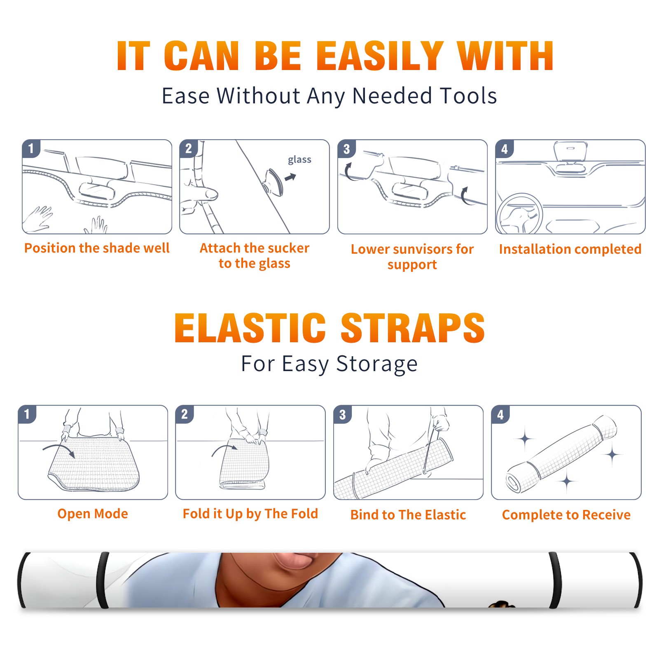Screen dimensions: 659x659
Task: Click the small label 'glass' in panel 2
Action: coord(299,160)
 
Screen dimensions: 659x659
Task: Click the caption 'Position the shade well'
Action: coord(97,248)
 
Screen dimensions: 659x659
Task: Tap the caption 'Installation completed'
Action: coord(570,249)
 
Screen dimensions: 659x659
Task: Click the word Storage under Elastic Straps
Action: coord(377,364)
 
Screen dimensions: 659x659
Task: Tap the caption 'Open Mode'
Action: coord(93,514)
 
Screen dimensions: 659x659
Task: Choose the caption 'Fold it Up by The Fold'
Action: coord(250,514)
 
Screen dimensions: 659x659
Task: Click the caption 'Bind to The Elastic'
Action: coord(408,515)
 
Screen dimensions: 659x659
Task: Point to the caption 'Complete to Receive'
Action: coord(566,515)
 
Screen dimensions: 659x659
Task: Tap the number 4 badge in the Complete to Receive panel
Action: coord(500,414)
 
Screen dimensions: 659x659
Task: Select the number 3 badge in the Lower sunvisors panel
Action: coord(346,149)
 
